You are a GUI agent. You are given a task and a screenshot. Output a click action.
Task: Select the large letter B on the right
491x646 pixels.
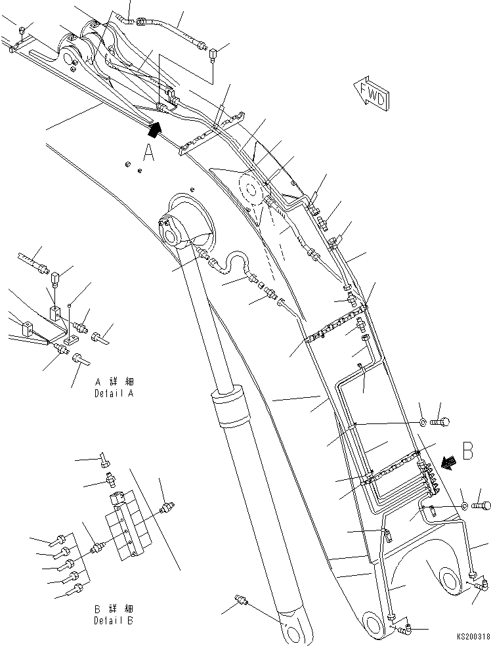point(468,452)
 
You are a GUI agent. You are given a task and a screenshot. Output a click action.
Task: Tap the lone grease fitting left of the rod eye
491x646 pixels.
point(241,600)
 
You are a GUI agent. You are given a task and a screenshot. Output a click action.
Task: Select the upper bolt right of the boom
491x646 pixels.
point(443,420)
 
